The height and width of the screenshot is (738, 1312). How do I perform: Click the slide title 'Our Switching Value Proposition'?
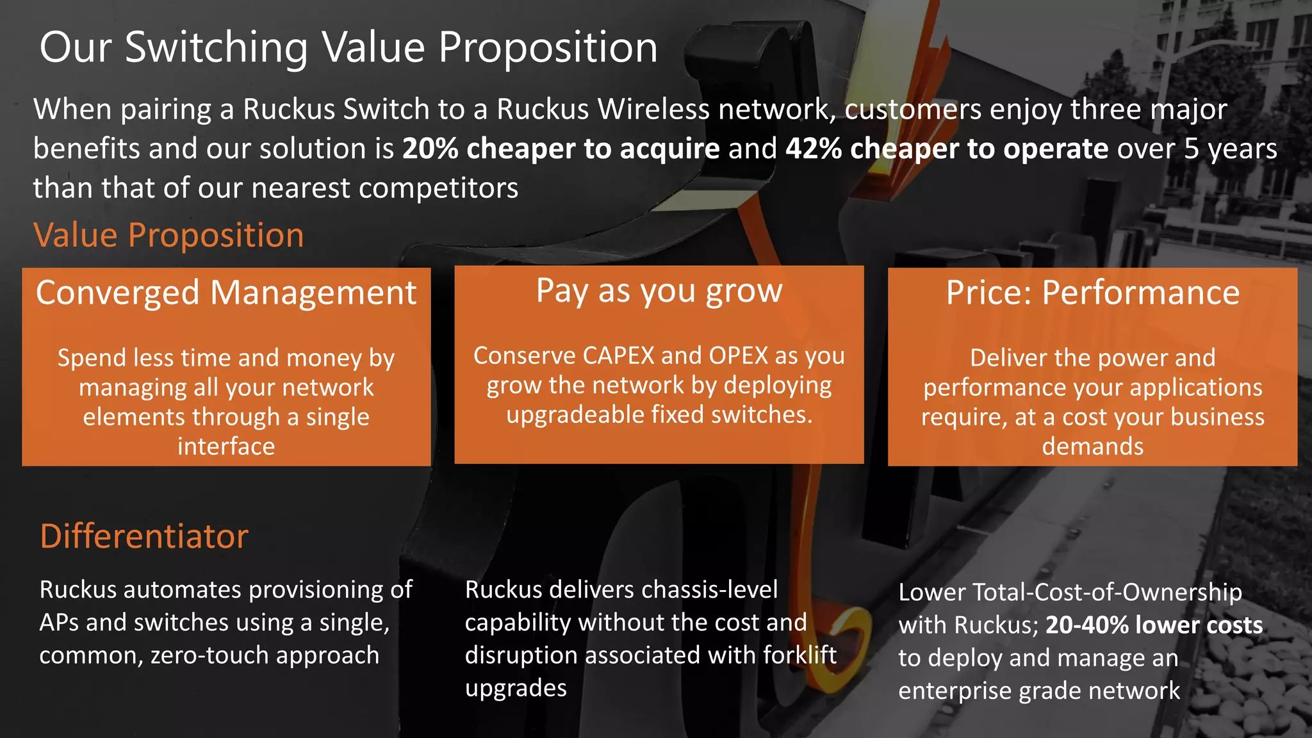pyautogui.click(x=348, y=47)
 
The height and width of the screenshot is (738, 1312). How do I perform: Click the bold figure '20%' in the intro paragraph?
pyautogui.click(x=430, y=149)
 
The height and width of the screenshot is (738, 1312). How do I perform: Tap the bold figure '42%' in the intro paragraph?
pyautogui.click(x=813, y=149)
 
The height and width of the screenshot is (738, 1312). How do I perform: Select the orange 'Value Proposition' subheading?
pyautogui.click(x=168, y=235)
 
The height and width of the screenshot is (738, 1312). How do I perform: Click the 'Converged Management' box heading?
pyautogui.click(x=226, y=293)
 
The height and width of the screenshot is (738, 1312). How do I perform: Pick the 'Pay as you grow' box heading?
pyautogui.click(x=659, y=291)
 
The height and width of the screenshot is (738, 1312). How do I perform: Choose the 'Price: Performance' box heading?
pyautogui.click(x=1093, y=293)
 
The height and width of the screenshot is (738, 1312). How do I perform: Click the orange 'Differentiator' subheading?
pyautogui.click(x=144, y=536)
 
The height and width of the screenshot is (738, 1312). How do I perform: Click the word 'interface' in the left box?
pyautogui.click(x=226, y=447)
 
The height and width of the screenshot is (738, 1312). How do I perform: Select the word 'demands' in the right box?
pyautogui.click(x=1093, y=447)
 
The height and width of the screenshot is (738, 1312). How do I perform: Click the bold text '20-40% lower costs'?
pyautogui.click(x=1154, y=625)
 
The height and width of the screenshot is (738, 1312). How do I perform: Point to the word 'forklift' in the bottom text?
pyautogui.click(x=799, y=655)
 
